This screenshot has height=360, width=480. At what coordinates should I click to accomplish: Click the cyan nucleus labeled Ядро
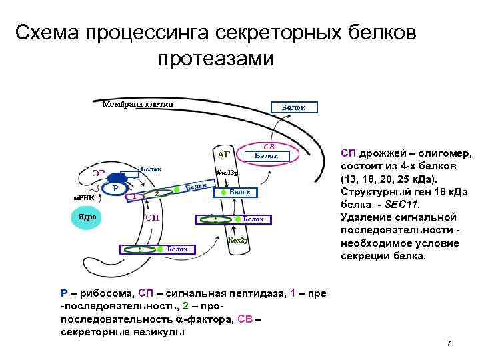point(87,217)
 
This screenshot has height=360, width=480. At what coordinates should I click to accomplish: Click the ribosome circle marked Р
point(115,188)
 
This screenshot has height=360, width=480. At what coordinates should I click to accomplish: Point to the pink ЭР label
point(99,172)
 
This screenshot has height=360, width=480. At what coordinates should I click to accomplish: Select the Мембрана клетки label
point(139,104)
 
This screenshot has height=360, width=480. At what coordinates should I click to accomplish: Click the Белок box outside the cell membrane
point(294,107)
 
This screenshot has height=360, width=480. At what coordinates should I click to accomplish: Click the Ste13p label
point(227,171)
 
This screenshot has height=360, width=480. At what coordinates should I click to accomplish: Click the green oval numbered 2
point(157,193)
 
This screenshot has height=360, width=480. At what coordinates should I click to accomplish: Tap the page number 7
point(449,343)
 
